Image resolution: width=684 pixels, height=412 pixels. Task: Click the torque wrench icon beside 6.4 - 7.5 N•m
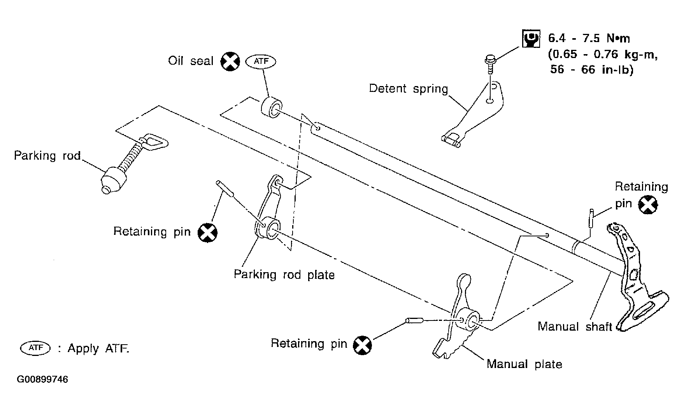coord(531,39)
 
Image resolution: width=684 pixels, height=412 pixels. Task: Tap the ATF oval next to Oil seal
coord(261,61)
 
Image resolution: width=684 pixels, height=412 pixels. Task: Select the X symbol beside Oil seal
coord(230,62)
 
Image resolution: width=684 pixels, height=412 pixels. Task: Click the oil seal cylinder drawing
coord(271,107)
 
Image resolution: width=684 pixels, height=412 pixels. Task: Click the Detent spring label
coord(409,88)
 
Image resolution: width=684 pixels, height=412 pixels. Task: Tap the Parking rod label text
coord(47,156)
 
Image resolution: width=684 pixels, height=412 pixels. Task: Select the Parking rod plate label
coord(284,275)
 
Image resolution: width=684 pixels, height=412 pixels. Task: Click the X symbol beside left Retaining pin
coord(207,232)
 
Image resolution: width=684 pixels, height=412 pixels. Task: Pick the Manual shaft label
coord(575,326)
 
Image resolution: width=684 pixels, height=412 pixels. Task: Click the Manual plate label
coord(524,364)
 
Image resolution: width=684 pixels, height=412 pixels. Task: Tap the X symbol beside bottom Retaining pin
coord(362,345)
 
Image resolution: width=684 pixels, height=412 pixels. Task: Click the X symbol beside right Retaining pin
coord(648,205)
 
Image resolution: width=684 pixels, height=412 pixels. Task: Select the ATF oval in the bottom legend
coord(35,348)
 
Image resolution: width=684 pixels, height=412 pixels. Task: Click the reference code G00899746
coord(42,379)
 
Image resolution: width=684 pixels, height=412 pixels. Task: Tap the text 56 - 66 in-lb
coord(592,70)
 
